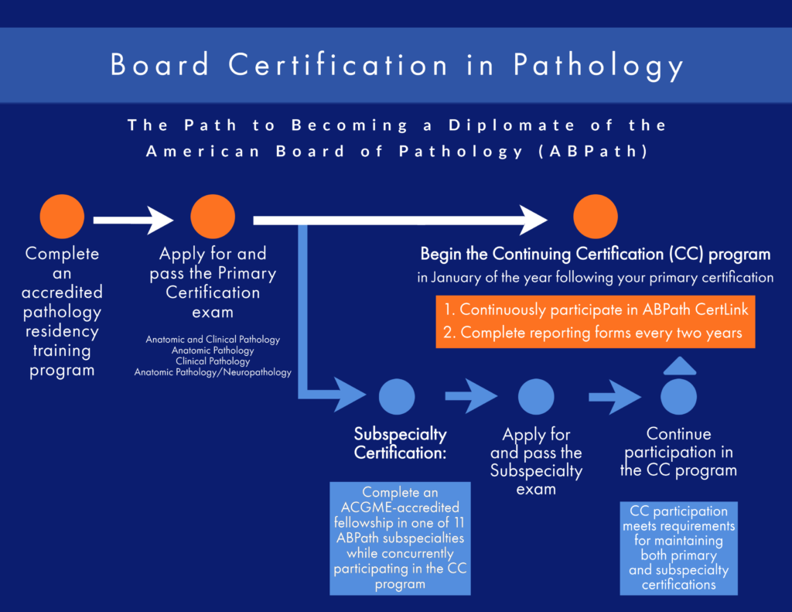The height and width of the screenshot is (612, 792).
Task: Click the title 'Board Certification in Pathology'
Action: click(x=396, y=65)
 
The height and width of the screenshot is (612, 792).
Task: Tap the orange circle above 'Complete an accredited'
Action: click(x=62, y=217)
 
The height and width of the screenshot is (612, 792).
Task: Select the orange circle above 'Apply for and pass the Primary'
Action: click(x=213, y=217)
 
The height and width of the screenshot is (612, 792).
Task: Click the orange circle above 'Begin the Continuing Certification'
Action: click(x=596, y=217)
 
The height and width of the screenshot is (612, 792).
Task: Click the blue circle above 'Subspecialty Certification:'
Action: click(x=398, y=398)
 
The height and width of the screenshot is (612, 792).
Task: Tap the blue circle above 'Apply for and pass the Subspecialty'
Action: click(x=536, y=398)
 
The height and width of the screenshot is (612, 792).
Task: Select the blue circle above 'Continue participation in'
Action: click(x=679, y=398)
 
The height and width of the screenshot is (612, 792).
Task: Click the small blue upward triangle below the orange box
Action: click(x=679, y=366)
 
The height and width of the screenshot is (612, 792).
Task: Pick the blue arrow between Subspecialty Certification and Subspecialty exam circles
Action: click(x=470, y=398)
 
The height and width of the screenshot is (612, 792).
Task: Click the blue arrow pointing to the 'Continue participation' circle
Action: click(x=615, y=398)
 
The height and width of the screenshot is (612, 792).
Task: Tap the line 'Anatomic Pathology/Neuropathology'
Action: click(x=213, y=372)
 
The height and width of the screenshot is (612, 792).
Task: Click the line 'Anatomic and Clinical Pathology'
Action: click(x=213, y=340)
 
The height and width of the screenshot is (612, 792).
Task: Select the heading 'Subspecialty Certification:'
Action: click(x=400, y=443)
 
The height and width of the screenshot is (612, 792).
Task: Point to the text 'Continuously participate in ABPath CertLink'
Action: click(x=596, y=310)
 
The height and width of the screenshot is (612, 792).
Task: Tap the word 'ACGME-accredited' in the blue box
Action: click(x=400, y=507)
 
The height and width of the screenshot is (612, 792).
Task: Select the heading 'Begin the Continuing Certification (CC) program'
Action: click(x=595, y=254)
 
